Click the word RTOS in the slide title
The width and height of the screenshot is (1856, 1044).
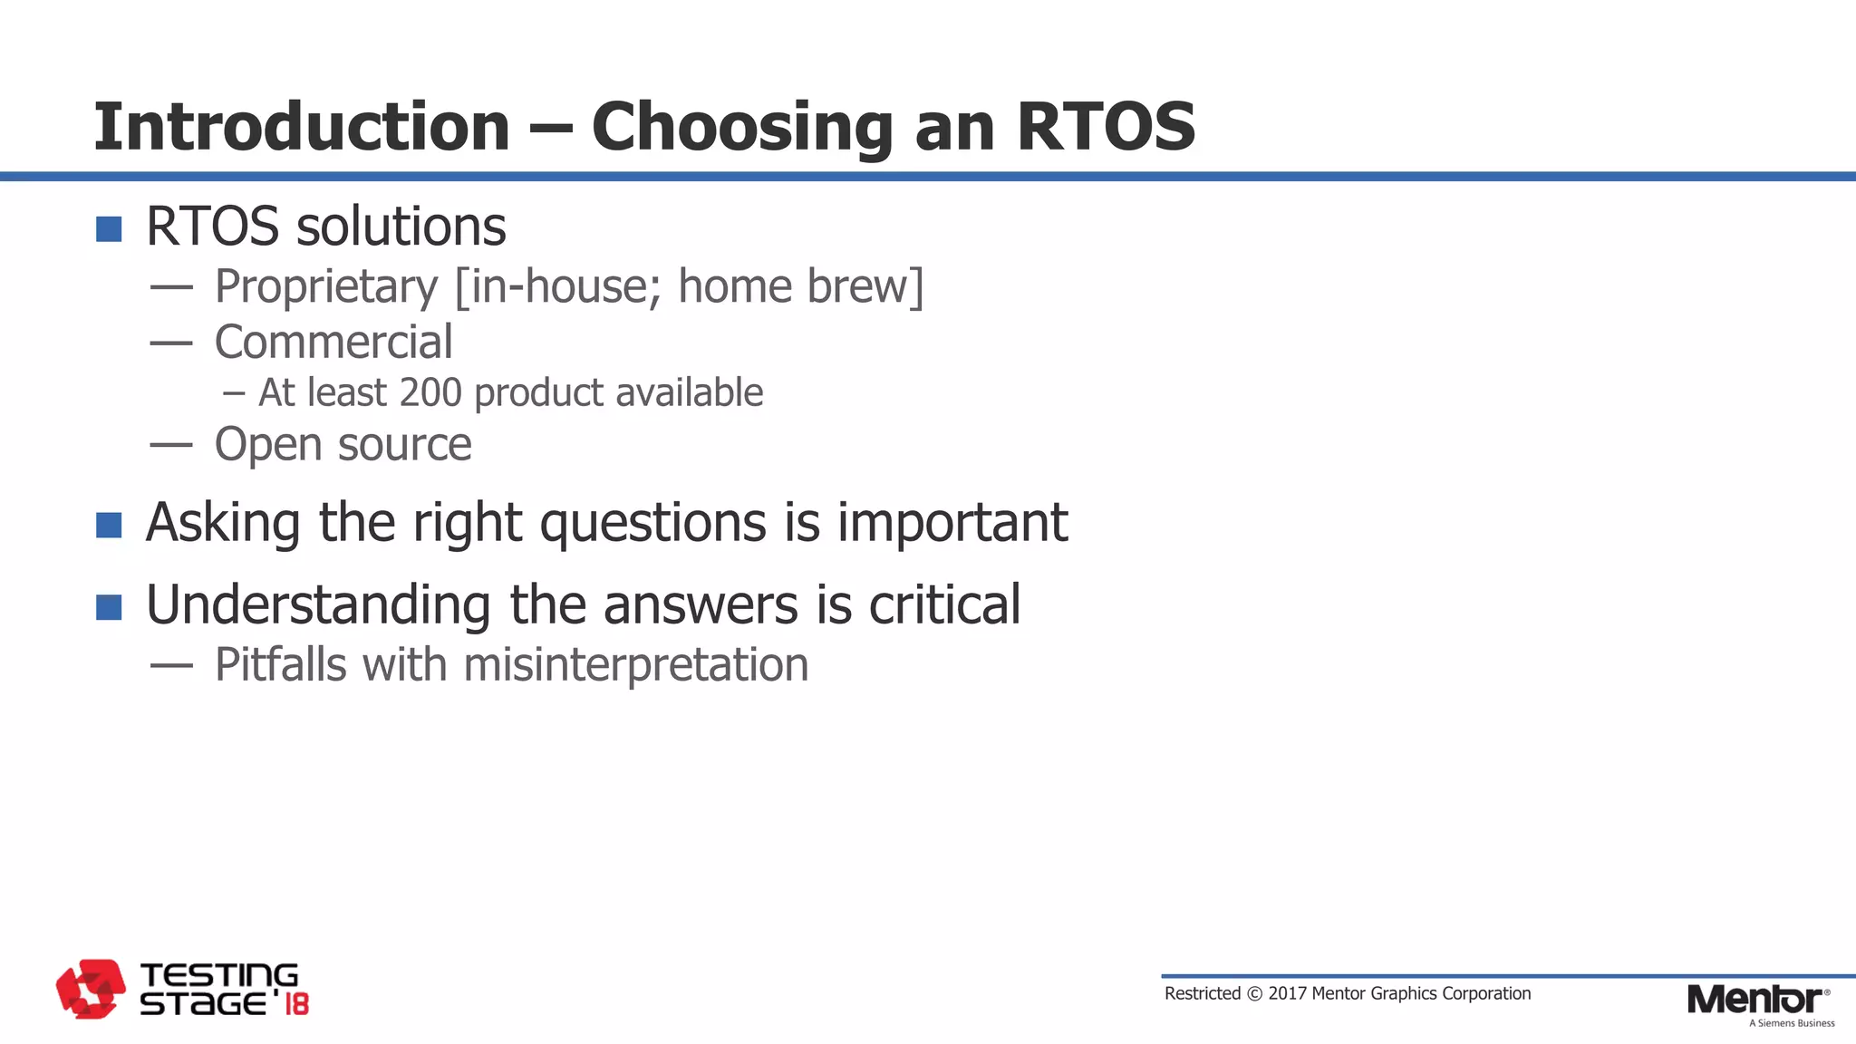pyautogui.click(x=1106, y=127)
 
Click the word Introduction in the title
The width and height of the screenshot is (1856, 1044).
pyautogui.click(x=302, y=127)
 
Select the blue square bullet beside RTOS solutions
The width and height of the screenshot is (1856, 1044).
pyautogui.click(x=109, y=229)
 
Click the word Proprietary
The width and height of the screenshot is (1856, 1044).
pyautogui.click(x=326, y=287)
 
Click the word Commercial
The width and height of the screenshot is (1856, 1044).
pyautogui.click(x=333, y=343)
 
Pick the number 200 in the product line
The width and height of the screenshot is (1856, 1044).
pyautogui.click(x=430, y=392)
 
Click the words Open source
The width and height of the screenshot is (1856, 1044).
pyautogui.click(x=343, y=445)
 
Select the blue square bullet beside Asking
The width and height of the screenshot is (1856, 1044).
pyautogui.click(x=109, y=525)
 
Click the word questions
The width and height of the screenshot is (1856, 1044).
pyautogui.click(x=653, y=524)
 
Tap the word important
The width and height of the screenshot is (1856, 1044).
pyautogui.click(x=952, y=524)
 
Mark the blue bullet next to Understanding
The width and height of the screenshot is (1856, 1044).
pyautogui.click(x=109, y=607)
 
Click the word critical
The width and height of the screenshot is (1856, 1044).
pyautogui.click(x=944, y=605)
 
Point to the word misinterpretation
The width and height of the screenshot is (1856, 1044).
pyautogui.click(x=635, y=665)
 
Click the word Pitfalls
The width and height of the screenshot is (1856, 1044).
pyautogui.click(x=281, y=665)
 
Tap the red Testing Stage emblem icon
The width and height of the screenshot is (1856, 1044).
pyautogui.click(x=91, y=989)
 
